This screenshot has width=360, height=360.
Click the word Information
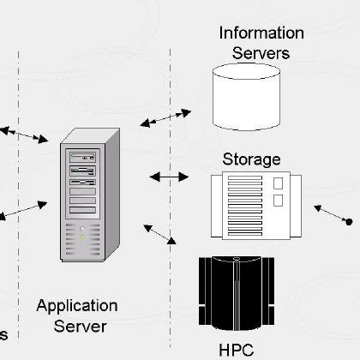click(261, 33)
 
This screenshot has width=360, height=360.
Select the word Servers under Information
click(261, 52)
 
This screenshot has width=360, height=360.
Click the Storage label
click(251, 159)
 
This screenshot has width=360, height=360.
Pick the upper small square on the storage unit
click(278, 184)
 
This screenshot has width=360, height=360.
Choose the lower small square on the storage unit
click(278, 201)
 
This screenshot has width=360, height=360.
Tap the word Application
click(77, 306)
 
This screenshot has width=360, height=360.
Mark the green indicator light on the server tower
click(83, 229)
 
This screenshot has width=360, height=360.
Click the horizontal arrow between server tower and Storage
click(169, 177)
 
